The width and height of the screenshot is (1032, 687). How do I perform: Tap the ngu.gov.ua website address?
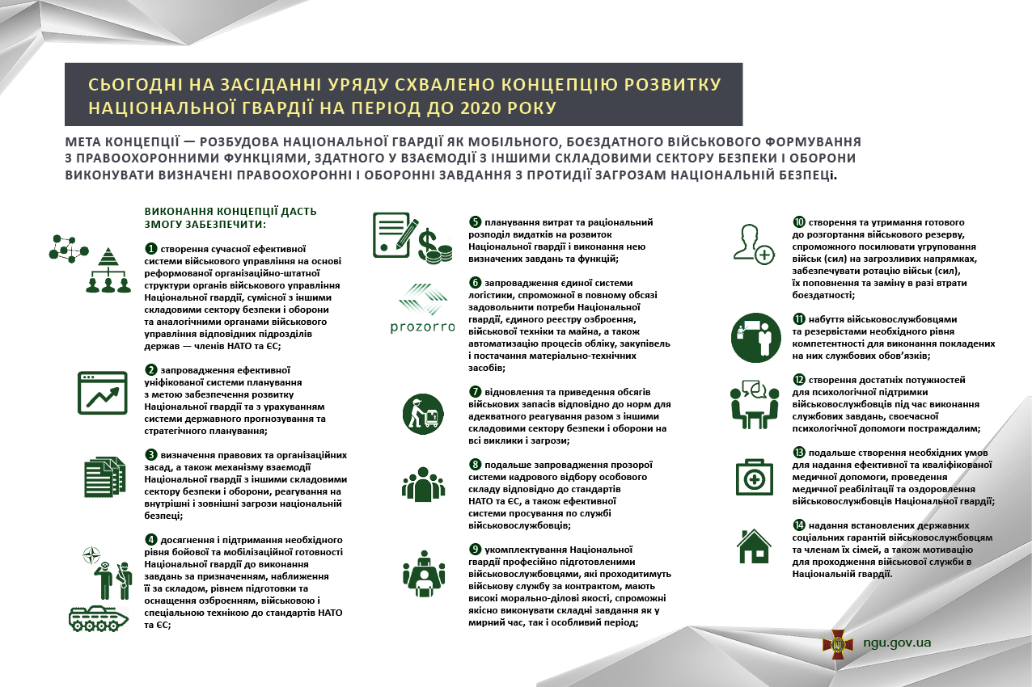pos(898,643)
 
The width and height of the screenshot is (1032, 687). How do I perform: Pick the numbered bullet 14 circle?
pos(799,525)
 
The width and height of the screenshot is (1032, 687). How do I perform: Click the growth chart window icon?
pos(103,393)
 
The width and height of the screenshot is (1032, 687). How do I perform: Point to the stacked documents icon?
pos(105,475)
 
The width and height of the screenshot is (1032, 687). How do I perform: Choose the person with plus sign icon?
pos(753,243)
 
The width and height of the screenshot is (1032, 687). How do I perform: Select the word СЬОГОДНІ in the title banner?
pos(129,85)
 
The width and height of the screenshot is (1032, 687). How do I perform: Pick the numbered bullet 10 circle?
pos(799,221)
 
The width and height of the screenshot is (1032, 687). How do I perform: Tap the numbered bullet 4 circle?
pos(150,540)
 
